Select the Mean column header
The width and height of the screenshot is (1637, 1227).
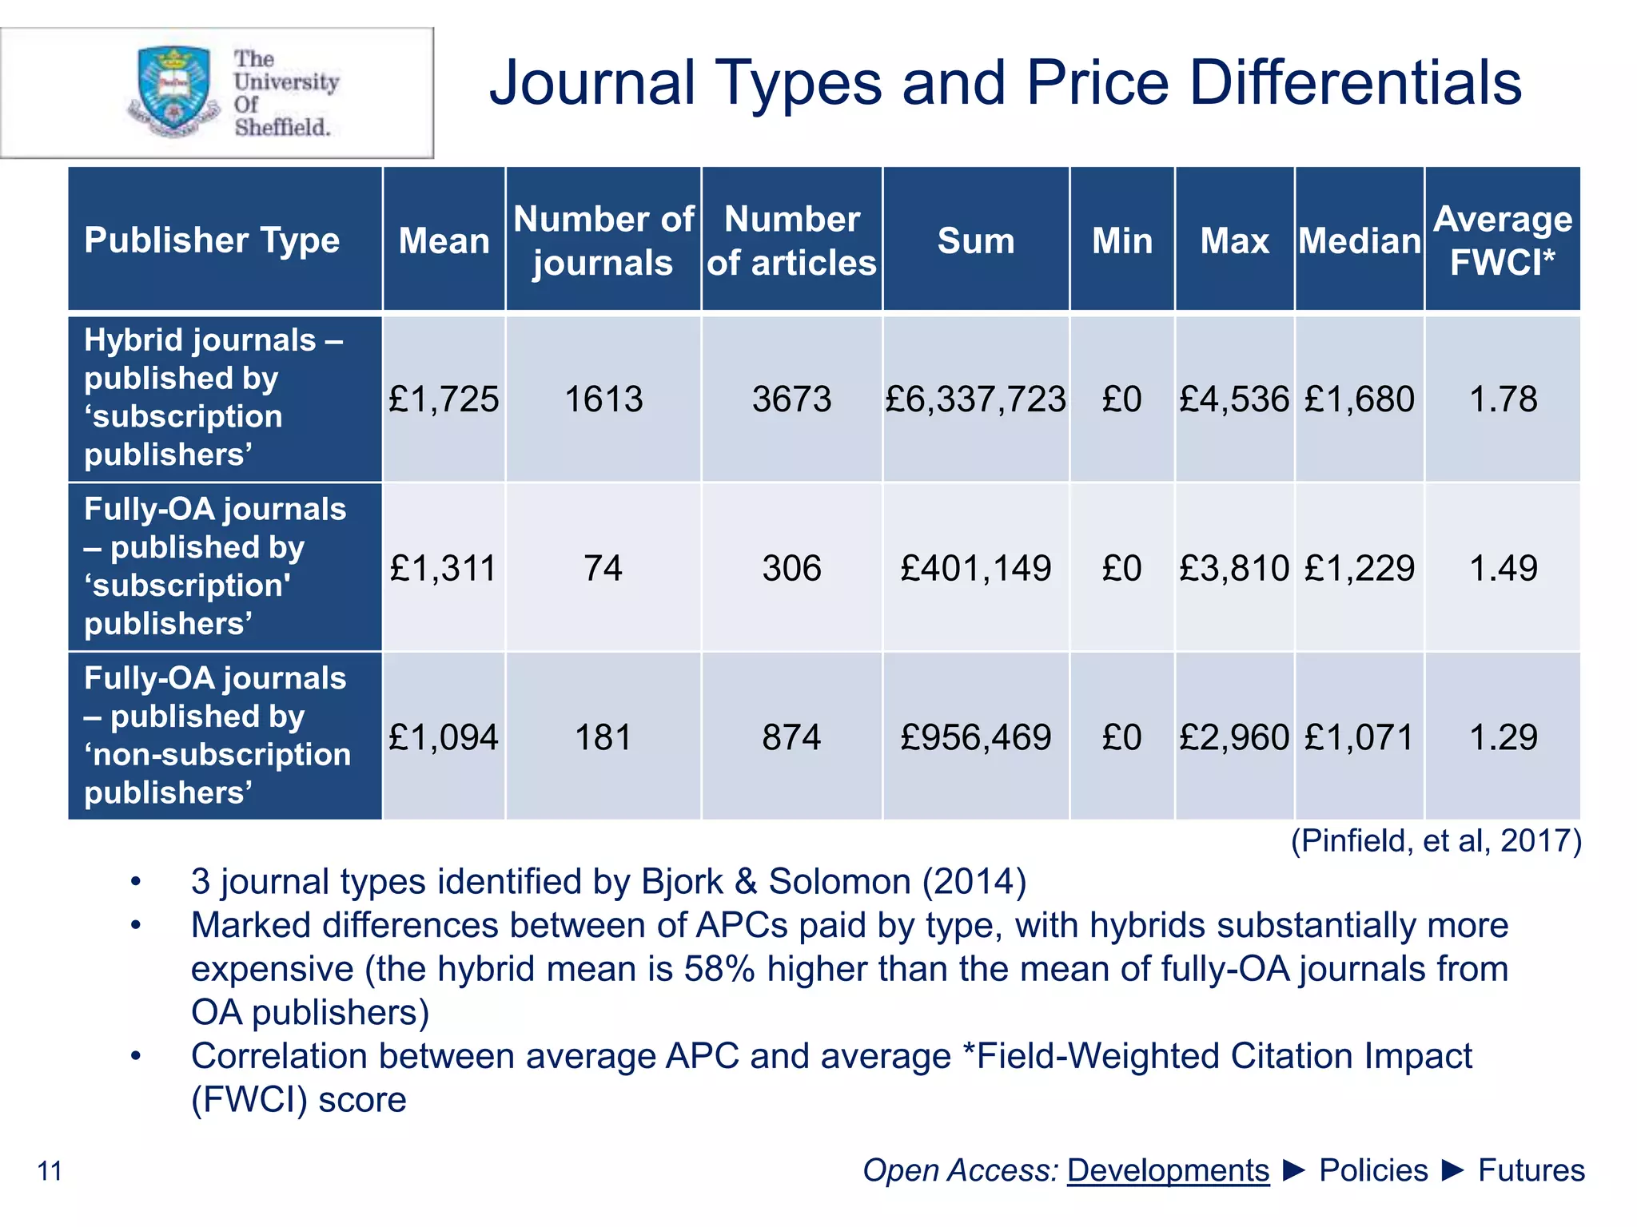pos(444,240)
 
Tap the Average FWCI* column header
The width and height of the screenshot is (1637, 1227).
pos(1503,240)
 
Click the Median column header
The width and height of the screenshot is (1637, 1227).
pos(1359,240)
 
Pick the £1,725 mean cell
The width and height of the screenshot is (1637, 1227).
pos(444,399)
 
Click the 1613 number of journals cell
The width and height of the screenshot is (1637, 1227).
pos(603,399)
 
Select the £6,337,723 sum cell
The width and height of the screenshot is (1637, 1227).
pos(975,399)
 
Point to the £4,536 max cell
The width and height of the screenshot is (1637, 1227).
pos(1234,399)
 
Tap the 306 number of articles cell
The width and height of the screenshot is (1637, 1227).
pos(791,568)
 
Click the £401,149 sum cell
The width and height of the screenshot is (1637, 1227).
pos(975,568)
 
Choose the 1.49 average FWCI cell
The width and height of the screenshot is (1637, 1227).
pos(1503,568)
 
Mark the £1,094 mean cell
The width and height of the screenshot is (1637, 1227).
pos(444,737)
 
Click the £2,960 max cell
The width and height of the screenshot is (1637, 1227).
pos(1234,737)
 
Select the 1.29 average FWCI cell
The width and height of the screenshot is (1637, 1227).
pos(1503,737)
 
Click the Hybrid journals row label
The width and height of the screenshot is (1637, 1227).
pos(213,397)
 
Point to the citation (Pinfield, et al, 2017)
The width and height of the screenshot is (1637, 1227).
pos(1436,840)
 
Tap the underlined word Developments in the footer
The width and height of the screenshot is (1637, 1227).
pos(1168,1170)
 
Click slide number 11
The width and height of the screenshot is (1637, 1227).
pos(50,1171)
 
